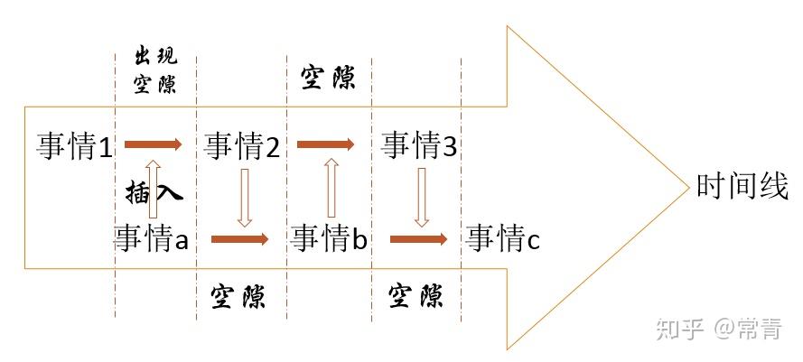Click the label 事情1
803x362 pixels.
pos(75,145)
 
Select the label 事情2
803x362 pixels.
pos(242,145)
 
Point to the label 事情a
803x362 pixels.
pos(151,238)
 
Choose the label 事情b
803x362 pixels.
pos(330,238)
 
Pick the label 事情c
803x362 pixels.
pos(503,238)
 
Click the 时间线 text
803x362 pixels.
pos(742,187)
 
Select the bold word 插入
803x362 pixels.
pos(155,192)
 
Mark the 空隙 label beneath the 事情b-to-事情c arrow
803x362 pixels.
pos(416,295)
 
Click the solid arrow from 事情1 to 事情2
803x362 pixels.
pos(153,144)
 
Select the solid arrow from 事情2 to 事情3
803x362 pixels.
pos(325,144)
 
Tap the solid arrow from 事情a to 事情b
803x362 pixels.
pos(239,239)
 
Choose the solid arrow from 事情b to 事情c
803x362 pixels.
pos(418,239)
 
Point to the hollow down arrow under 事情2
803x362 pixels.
pos(243,196)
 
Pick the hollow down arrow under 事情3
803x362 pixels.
pos(421,196)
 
